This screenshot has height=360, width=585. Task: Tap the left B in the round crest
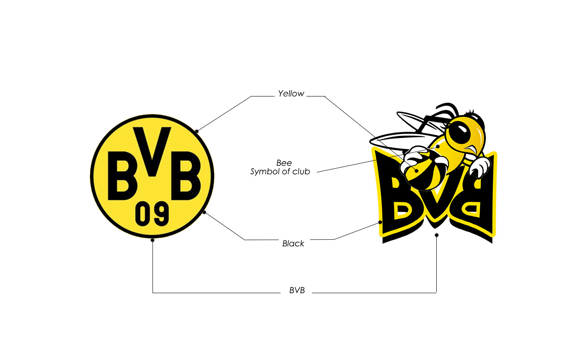pyautogui.click(x=122, y=175)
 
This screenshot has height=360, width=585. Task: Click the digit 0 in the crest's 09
pyautogui.click(x=143, y=213)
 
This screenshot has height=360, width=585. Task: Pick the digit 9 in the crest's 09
pyautogui.click(x=161, y=213)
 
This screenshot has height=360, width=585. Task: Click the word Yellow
pyautogui.click(x=291, y=94)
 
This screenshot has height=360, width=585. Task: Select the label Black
pyautogui.click(x=293, y=243)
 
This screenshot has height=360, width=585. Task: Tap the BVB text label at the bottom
pyautogui.click(x=297, y=291)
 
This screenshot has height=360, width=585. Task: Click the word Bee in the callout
pyautogui.click(x=284, y=163)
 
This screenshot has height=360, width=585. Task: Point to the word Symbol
pyautogui.click(x=264, y=172)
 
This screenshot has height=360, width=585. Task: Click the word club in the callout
pyautogui.click(x=301, y=172)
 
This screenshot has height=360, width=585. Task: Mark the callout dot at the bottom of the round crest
pyautogui.click(x=153, y=240)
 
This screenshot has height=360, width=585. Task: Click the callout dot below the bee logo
pyautogui.click(x=437, y=235)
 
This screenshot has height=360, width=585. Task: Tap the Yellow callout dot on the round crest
pyautogui.click(x=197, y=131)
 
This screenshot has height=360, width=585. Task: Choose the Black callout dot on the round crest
pyautogui.click(x=204, y=212)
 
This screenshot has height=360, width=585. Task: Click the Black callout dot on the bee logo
pyautogui.click(x=380, y=222)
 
